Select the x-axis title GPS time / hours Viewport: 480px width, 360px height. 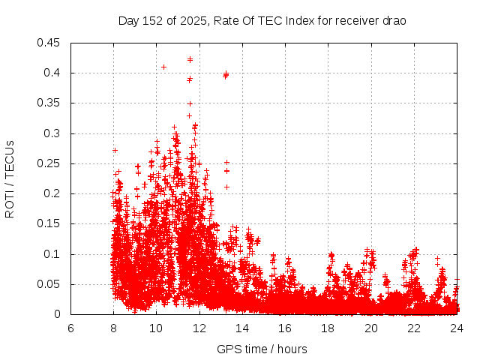pyautogui.click(x=262, y=349)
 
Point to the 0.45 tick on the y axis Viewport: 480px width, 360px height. pyautogui.click(x=51, y=43)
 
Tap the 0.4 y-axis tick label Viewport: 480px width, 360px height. pyautogui.click(x=54, y=73)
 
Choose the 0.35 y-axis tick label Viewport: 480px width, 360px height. pyautogui.click(x=51, y=103)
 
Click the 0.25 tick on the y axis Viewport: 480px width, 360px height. pyautogui.click(x=51, y=163)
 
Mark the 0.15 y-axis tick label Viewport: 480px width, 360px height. pyautogui.click(x=51, y=223)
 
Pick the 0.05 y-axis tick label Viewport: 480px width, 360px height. pyautogui.click(x=51, y=284)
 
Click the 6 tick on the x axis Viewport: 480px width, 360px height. pyautogui.click(x=70, y=328)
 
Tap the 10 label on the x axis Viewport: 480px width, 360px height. pyautogui.click(x=156, y=328)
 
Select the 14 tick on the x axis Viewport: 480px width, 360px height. pyautogui.click(x=242, y=328)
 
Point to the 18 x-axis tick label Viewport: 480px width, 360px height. pyautogui.click(x=328, y=328)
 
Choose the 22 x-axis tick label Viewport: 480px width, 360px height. pyautogui.click(x=414, y=328)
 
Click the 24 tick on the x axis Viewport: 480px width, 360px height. pyautogui.click(x=457, y=328)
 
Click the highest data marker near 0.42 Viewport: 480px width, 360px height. pyautogui.click(x=190, y=59)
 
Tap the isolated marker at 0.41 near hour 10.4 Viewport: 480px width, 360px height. pyautogui.click(x=163, y=67)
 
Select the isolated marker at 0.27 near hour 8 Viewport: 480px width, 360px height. pyautogui.click(x=115, y=150)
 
